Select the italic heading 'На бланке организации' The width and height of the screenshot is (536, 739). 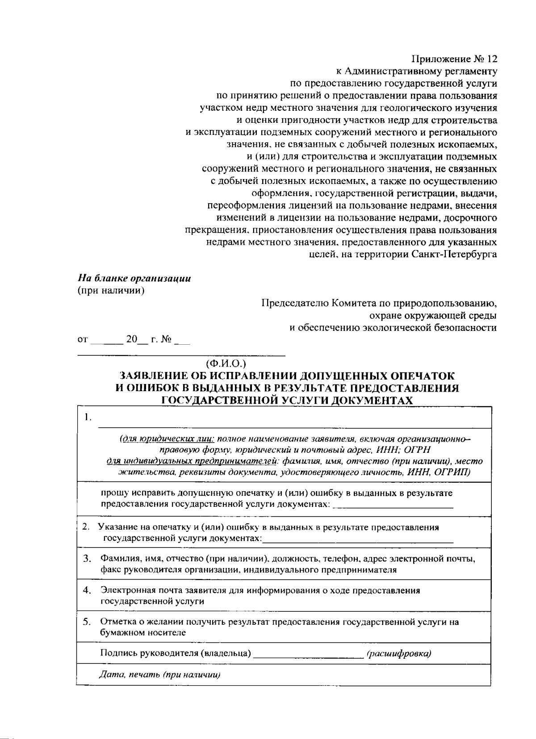coord(134,279)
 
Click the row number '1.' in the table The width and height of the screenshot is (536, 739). coord(88,418)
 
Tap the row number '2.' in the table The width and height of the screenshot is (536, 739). coord(87,527)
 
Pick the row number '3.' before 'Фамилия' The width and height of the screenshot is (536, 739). coord(87,558)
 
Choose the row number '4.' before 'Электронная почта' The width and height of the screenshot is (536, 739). coord(87,590)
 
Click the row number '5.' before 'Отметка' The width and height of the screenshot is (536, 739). coord(87,622)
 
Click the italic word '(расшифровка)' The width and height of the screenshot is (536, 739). coord(399,654)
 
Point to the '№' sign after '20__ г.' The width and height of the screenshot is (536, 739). coord(166,339)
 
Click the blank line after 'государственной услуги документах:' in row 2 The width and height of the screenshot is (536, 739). coord(357,539)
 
